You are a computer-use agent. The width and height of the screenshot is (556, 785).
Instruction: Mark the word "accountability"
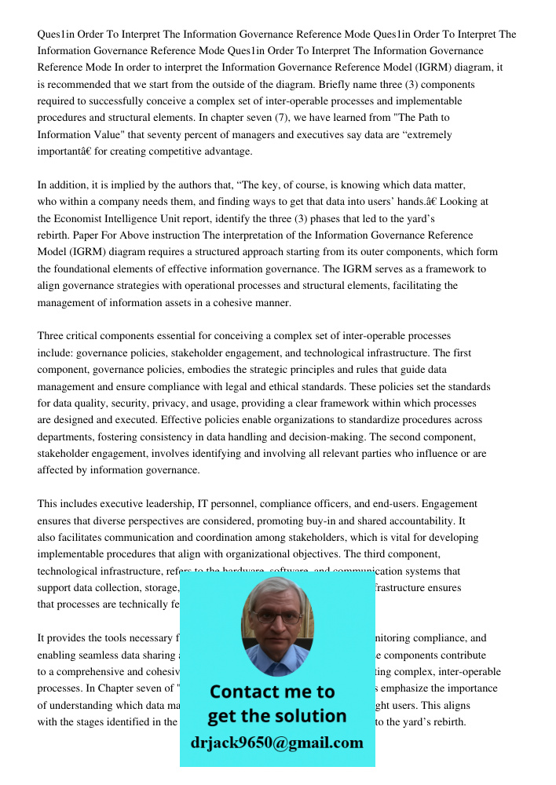pos(420,520)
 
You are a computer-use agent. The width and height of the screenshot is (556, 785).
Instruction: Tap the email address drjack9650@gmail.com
pos(276,743)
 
